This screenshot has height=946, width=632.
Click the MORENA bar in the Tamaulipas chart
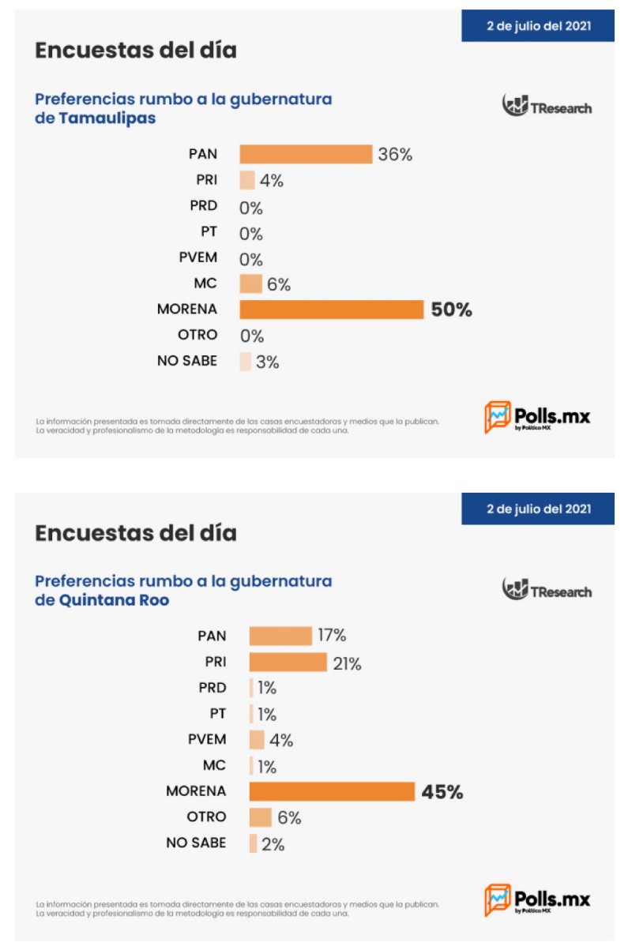pos(332,310)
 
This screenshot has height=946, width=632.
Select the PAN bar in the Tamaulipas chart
pos(306,154)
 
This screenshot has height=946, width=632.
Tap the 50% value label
pos(451,310)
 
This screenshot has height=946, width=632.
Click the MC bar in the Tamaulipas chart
pos(250,284)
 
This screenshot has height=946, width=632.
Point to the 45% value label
pos(442,791)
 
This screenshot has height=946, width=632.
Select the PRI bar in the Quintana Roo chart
pos(288,662)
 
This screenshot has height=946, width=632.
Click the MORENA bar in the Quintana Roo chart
pos(332,791)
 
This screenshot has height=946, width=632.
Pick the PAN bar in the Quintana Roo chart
pos(280,636)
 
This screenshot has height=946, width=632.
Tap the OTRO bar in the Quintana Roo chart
pos(260,817)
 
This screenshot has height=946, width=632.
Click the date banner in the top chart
pos(538,26)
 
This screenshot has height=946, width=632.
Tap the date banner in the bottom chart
pos(538,509)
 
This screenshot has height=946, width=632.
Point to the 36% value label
pos(395,155)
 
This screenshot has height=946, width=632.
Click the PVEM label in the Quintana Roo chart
pos(207,739)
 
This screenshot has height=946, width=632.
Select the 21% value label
pos(347,663)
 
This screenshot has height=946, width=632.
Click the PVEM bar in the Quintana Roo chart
pos(257,740)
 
